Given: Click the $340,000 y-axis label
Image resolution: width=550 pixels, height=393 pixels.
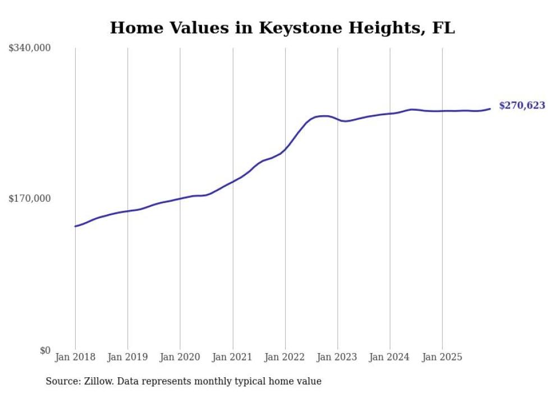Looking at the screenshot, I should [x=30, y=48].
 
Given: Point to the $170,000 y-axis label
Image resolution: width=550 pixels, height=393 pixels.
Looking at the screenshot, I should [x=30, y=198].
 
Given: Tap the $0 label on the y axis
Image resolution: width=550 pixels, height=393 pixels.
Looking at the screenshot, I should [x=45, y=350].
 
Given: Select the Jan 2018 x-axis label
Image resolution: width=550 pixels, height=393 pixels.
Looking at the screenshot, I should [x=75, y=357].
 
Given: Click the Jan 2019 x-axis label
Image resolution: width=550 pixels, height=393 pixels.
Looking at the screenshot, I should [x=127, y=357].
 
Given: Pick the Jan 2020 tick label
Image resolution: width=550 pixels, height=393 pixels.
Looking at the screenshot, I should [x=180, y=357].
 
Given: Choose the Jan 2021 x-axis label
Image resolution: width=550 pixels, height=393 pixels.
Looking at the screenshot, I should [x=232, y=357].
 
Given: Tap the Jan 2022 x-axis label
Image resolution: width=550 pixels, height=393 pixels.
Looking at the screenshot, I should [x=285, y=357].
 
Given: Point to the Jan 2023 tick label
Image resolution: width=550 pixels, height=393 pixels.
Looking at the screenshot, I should [x=337, y=357].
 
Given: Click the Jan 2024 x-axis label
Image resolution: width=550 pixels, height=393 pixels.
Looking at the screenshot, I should [x=390, y=357].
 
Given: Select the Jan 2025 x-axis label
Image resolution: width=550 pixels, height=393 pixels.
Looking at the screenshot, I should [x=442, y=357].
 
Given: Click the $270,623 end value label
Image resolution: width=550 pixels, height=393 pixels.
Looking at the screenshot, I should [x=521, y=106].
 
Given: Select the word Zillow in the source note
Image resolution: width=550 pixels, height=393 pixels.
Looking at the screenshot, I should [x=100, y=381].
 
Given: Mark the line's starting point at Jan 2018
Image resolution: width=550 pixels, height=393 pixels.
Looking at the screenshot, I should [x=75, y=226].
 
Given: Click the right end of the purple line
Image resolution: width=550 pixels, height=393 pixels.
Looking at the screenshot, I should [x=490, y=109].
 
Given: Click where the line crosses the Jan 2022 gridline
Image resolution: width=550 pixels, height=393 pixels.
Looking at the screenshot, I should [x=285, y=149].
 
